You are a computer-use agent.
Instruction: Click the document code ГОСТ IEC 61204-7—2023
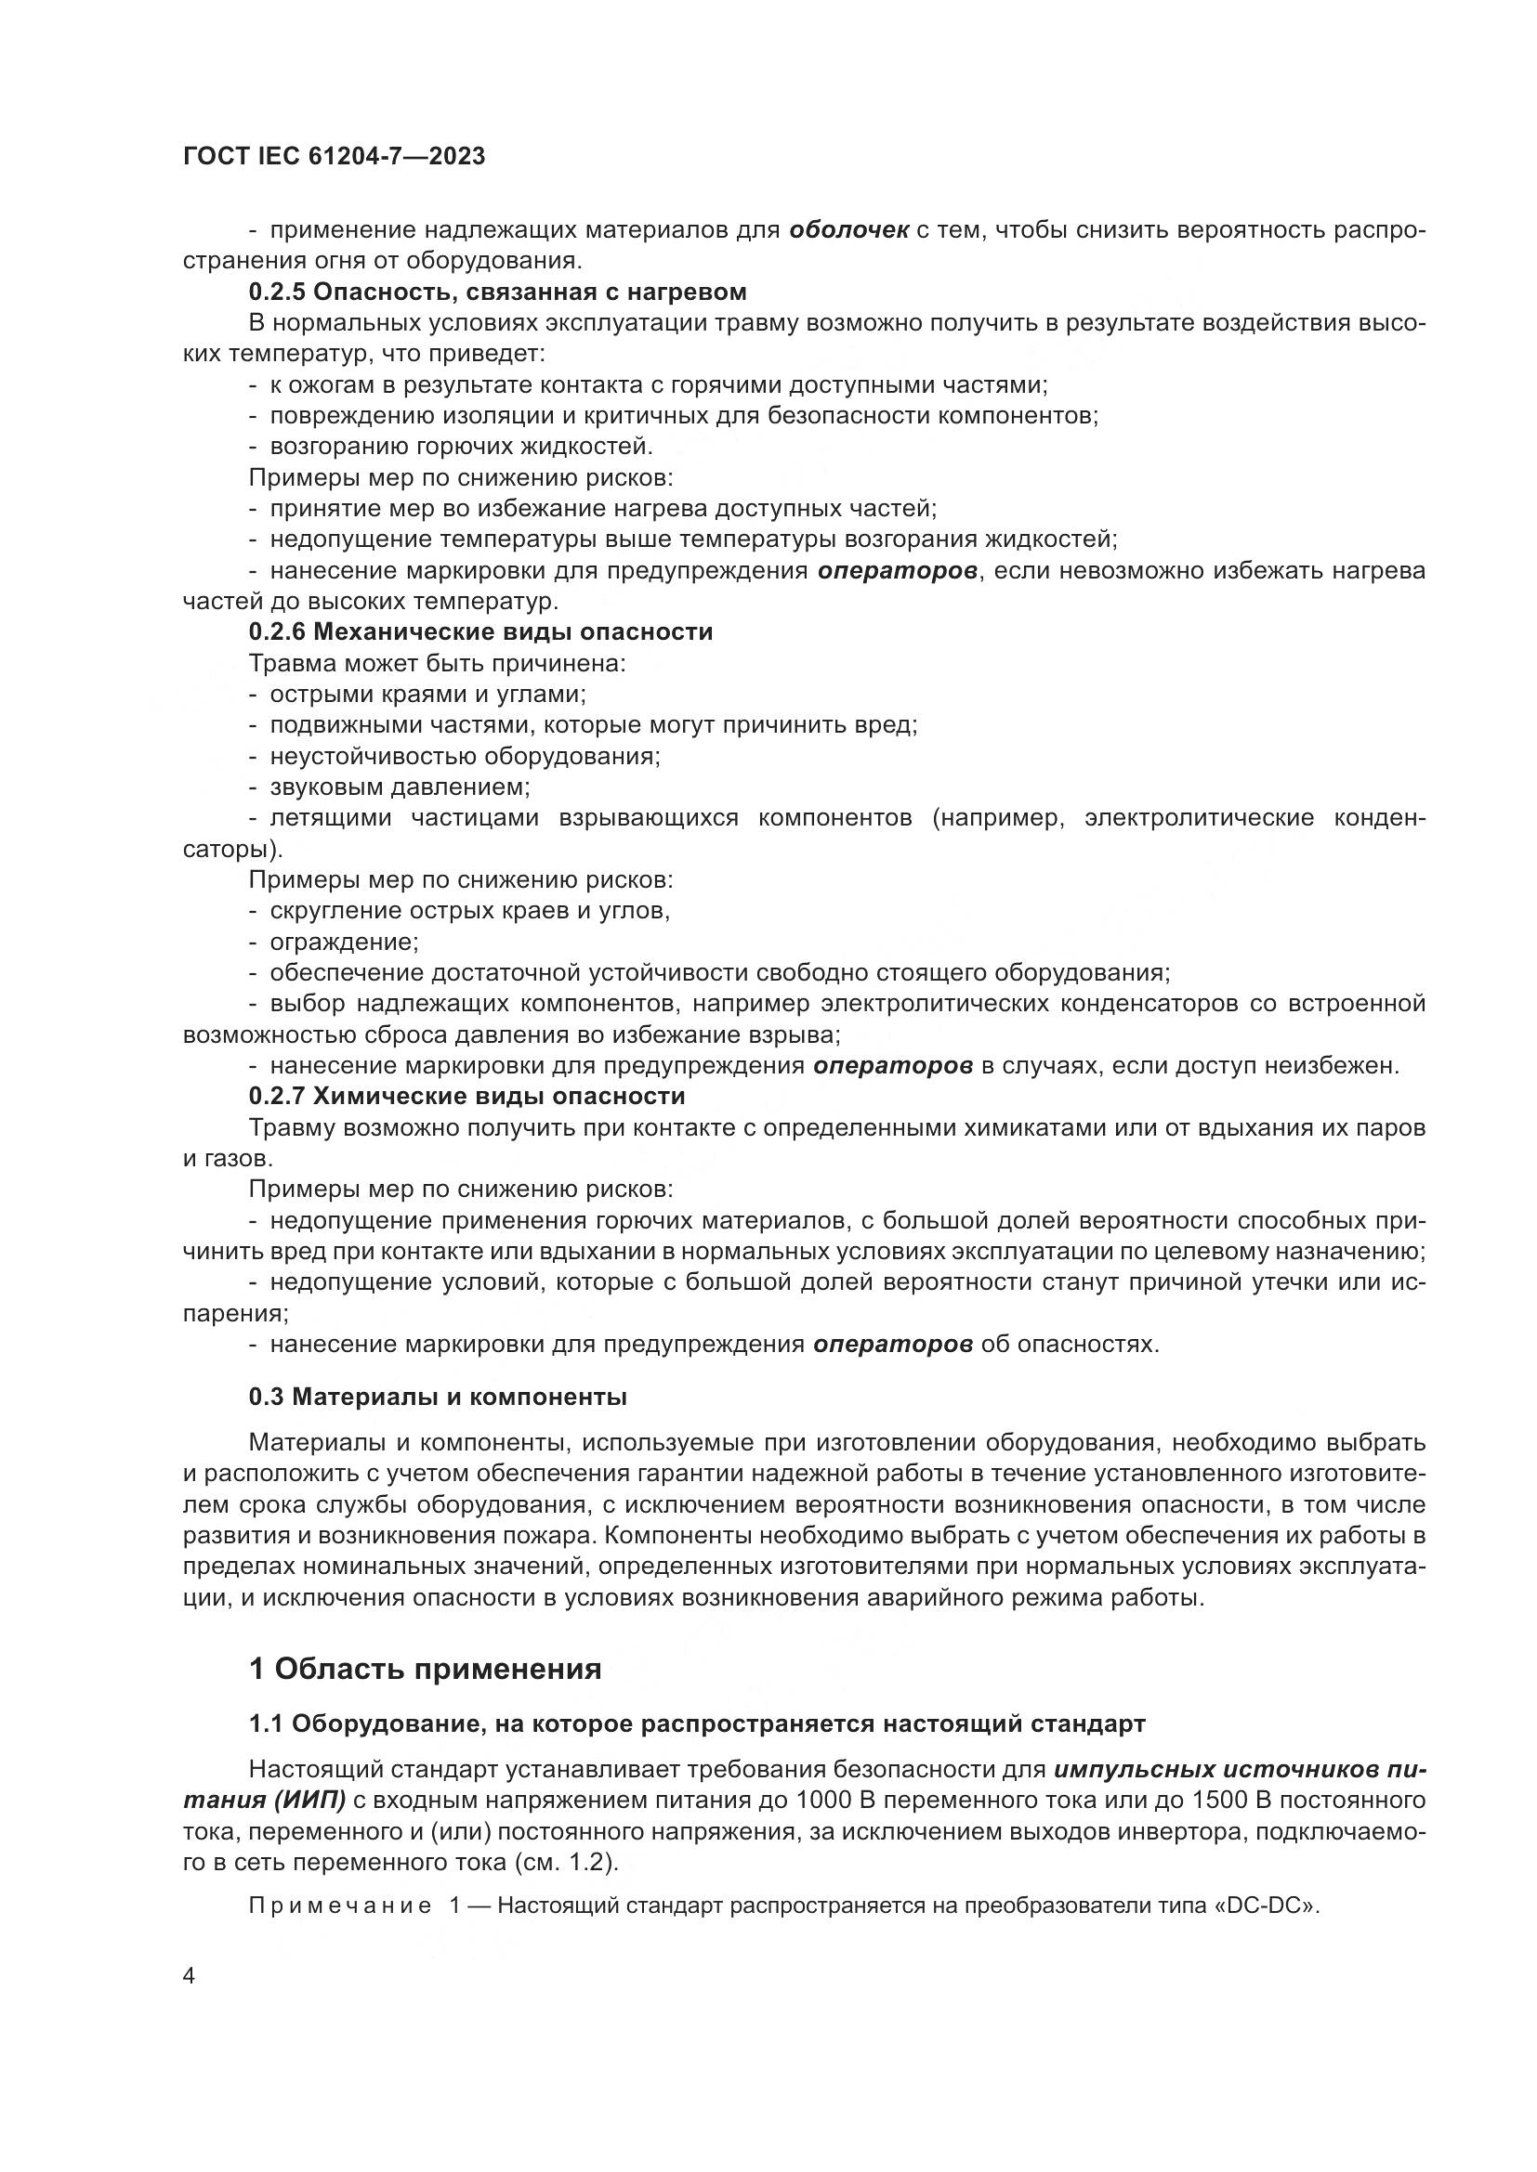tap(335, 157)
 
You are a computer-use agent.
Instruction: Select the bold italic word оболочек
tap(849, 230)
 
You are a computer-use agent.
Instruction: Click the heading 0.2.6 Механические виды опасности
tap(480, 632)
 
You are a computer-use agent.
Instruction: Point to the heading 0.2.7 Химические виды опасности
tap(466, 1097)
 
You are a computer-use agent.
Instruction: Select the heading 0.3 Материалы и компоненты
tap(438, 1397)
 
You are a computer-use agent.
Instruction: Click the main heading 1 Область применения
tap(425, 1669)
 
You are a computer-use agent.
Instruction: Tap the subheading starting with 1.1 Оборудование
tap(697, 1723)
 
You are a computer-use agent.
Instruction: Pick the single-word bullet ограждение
tap(344, 943)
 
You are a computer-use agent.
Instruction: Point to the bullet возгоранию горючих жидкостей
tap(461, 447)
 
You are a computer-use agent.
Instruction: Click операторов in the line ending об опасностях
tap(892, 1345)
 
